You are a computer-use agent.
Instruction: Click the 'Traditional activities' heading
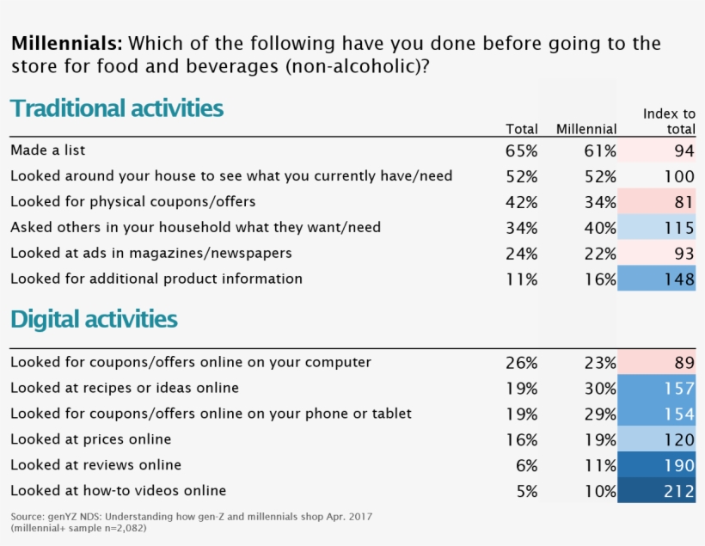117,109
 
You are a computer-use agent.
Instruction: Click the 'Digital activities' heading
94,320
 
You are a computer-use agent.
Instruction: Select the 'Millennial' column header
585,129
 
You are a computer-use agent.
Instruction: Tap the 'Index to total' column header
669,121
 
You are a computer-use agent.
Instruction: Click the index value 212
678,491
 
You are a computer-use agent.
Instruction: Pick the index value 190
678,465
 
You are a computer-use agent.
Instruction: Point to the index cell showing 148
678,279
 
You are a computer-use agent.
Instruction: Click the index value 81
684,202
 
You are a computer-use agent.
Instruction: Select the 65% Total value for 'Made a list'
522,151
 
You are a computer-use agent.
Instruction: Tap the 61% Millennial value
600,151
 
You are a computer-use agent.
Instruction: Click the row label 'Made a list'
48,150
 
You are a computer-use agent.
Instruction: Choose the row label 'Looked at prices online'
90,439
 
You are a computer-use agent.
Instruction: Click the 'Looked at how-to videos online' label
118,491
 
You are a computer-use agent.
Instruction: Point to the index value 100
678,176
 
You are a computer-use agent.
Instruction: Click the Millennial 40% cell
600,228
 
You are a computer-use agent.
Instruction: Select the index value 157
678,388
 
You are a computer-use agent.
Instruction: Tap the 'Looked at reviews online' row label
95,465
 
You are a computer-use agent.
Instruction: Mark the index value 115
678,228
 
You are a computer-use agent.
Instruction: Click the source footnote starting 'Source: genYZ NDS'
192,516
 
